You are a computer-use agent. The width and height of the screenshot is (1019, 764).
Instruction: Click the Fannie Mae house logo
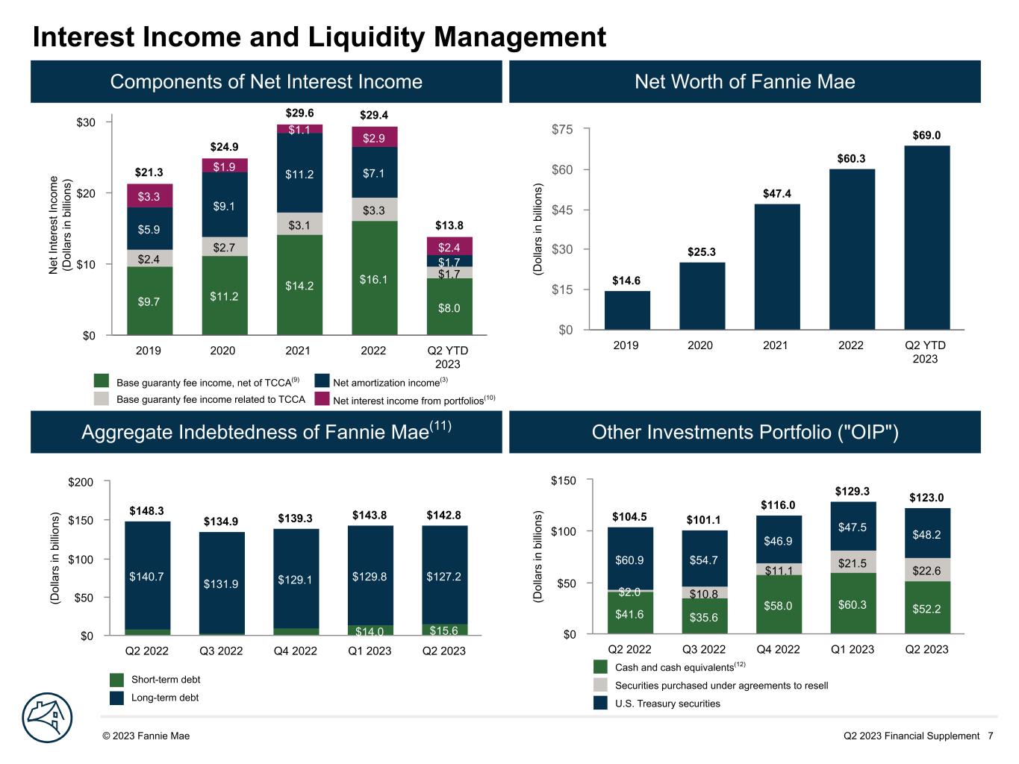(47, 718)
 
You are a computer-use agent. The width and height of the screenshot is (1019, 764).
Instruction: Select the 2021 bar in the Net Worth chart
(776, 266)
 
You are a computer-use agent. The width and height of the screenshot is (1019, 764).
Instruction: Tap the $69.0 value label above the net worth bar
(926, 135)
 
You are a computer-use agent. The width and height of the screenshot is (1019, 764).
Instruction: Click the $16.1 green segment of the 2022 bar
(374, 278)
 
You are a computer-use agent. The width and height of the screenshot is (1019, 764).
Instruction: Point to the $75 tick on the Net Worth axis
(561, 130)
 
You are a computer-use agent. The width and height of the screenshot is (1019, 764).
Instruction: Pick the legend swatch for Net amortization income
(322, 381)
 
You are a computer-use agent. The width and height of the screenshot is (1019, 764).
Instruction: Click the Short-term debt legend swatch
(116, 680)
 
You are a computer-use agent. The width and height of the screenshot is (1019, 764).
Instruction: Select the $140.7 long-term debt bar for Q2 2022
(147, 575)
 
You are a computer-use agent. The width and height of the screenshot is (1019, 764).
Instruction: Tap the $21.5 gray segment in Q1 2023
(852, 563)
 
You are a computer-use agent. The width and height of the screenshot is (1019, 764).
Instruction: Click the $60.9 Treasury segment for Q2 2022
(629, 559)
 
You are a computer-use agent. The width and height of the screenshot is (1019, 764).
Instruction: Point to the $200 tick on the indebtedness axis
(80, 482)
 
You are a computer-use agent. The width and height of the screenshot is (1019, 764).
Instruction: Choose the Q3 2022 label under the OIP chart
(703, 649)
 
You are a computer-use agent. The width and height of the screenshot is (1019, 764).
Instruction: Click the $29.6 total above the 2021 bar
(299, 113)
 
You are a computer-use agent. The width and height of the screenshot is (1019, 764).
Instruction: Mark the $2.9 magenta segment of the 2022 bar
(374, 137)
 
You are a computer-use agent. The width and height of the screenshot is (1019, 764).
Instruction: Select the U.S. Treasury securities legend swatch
(601, 703)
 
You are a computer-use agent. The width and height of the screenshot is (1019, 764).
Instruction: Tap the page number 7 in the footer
(990, 736)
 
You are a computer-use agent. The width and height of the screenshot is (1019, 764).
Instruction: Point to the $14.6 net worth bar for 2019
(627, 310)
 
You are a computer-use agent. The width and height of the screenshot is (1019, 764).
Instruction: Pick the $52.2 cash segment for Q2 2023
(926, 608)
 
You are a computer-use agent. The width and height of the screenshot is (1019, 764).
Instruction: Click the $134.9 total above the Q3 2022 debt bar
(221, 521)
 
